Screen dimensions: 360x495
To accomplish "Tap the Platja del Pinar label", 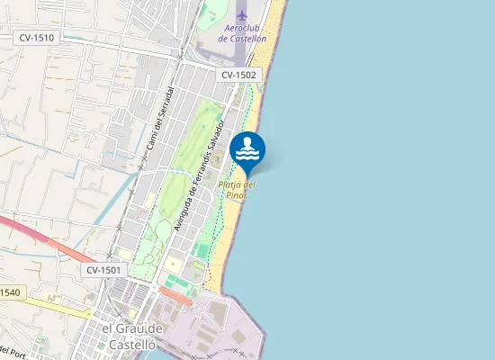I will tap(238, 190).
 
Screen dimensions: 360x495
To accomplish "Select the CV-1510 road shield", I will tap(37, 38).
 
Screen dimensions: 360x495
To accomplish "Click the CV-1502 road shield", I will tap(238, 76).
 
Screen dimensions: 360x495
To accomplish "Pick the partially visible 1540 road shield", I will tap(10, 292).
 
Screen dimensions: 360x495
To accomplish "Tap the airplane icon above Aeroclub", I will tap(241, 15).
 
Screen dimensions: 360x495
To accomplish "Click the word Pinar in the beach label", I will tap(237, 195).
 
